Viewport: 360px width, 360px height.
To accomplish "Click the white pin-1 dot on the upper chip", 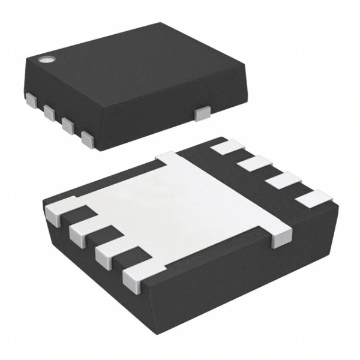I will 46,59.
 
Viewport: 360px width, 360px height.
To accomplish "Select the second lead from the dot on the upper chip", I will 50,111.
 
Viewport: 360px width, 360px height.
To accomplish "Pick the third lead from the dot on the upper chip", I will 68,126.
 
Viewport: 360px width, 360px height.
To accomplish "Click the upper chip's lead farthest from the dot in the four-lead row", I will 88,140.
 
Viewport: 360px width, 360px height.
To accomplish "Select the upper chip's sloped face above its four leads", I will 78,108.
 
